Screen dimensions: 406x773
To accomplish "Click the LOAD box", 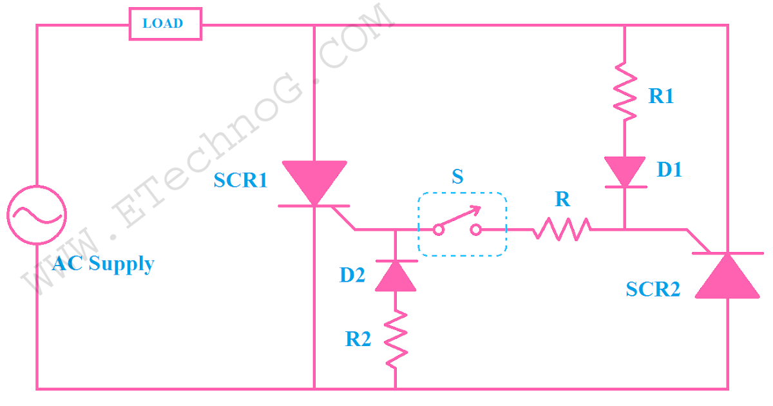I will (166, 24).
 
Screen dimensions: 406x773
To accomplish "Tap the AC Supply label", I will (103, 264).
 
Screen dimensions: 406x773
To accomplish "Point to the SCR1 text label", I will (240, 181).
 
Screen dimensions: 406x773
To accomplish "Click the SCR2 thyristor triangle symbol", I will (728, 275).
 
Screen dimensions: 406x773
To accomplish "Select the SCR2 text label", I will (653, 290).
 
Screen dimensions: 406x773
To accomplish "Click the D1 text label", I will (669, 169).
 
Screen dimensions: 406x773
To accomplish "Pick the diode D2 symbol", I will (395, 275).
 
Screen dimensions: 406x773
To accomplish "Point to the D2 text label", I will (352, 276).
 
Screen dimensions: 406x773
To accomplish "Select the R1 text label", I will (661, 97).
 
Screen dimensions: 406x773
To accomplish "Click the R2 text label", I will (358, 339).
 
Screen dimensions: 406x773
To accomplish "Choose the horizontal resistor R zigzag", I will (562, 228).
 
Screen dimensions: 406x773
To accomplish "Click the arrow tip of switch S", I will (479, 208).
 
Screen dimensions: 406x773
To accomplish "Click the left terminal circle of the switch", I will (438, 229).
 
